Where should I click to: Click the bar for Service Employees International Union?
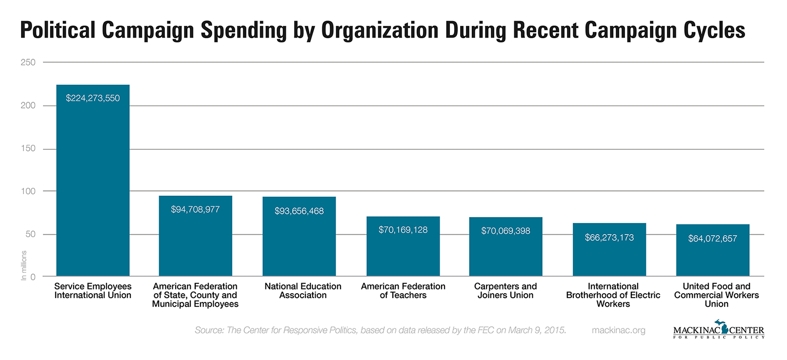93,185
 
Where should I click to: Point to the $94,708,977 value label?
195,210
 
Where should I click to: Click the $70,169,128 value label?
403,230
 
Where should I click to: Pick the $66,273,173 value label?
609,238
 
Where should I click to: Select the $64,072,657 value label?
712,239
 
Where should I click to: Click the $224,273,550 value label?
93,98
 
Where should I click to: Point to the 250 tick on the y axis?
28,62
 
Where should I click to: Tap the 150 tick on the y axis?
28,148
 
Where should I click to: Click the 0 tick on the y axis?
33,277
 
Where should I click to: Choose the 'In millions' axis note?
24,265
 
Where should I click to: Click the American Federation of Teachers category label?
403,291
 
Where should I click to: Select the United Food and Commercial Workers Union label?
716,295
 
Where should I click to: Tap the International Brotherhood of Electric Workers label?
613,295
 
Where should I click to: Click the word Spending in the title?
243,30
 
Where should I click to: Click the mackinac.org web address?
618,330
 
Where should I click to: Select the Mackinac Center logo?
718,330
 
